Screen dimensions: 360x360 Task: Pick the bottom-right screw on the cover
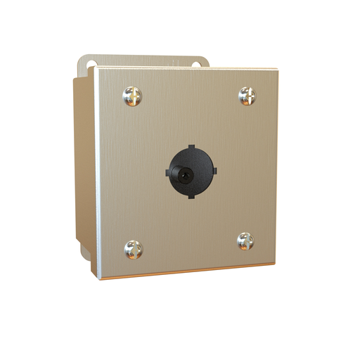click(246, 242)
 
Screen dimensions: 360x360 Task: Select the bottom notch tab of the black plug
click(191, 195)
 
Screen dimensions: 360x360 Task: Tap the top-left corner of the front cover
click(98, 69)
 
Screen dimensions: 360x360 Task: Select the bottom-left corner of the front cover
click(100, 278)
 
